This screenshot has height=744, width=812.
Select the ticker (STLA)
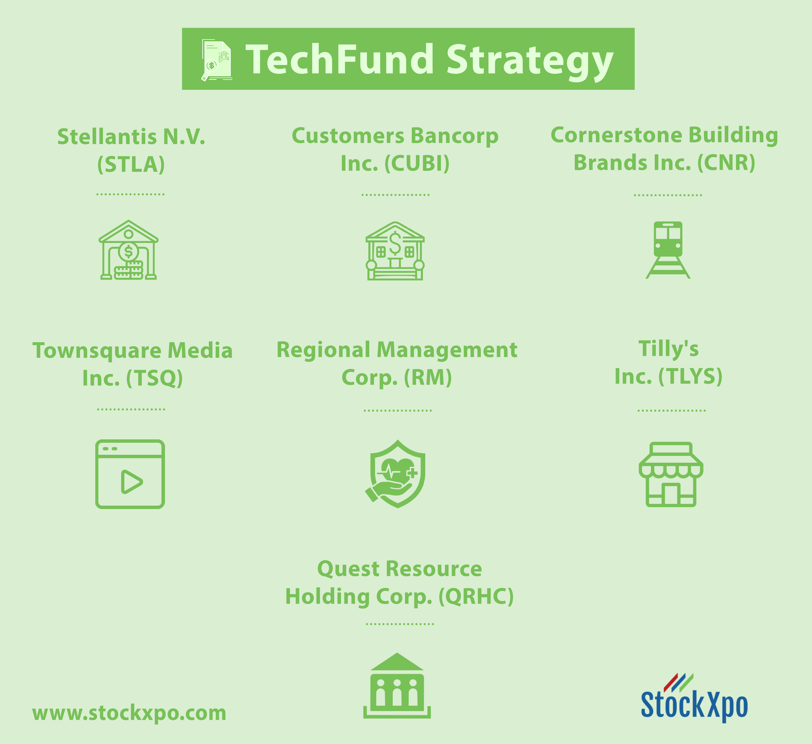(x=131, y=164)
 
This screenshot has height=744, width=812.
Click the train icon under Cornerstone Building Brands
(x=668, y=250)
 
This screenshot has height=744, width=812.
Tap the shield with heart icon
(x=396, y=474)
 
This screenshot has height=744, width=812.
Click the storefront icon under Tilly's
(x=671, y=474)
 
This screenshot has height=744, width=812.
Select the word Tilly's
(x=669, y=349)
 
